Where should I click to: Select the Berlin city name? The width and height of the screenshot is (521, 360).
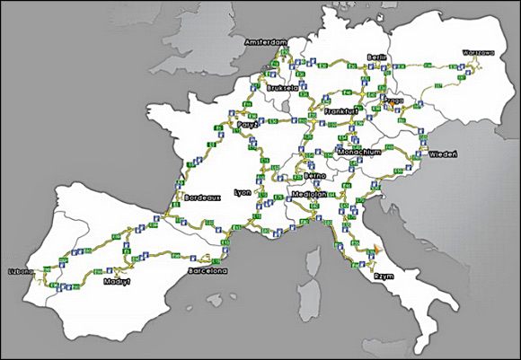pyautogui.click(x=375, y=57)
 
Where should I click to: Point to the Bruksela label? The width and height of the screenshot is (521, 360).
pyautogui.click(x=283, y=91)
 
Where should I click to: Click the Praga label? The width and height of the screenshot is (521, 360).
pyautogui.click(x=393, y=92)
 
